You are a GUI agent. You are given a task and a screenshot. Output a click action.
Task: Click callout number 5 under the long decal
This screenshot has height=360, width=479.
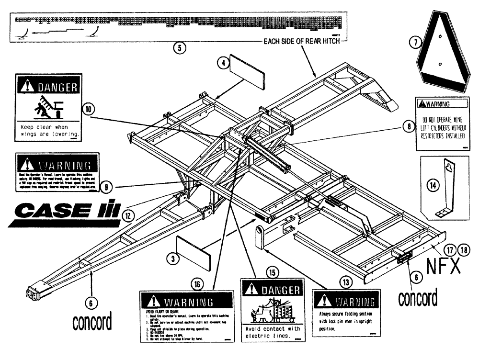click(x=179, y=47)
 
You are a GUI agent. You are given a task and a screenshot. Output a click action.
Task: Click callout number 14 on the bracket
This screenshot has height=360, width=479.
click(x=433, y=185)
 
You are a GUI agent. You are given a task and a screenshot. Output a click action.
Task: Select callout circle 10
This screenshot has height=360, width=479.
click(x=89, y=109)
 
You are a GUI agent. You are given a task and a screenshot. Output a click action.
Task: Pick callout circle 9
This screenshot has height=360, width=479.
click(x=107, y=188)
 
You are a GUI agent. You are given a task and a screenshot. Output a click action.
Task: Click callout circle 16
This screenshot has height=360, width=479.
click(x=197, y=284)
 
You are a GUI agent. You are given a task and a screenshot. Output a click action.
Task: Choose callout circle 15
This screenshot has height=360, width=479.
click(x=273, y=271)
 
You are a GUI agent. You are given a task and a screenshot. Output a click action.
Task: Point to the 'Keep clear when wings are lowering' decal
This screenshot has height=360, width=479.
click(x=48, y=108)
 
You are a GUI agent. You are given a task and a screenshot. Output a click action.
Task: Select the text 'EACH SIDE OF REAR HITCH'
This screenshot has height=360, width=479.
click(x=302, y=42)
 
